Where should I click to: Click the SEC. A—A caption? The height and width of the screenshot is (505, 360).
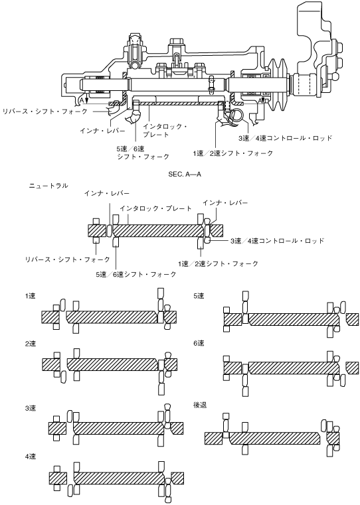coord(185,175)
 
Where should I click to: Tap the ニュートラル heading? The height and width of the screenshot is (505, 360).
coord(48,186)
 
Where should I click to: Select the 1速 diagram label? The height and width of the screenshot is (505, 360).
coord(31,296)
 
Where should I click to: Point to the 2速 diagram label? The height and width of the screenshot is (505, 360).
coord(31,344)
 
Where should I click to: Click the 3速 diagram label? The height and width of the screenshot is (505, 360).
coord(31,408)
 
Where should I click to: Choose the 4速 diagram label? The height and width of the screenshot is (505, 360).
coord(31,457)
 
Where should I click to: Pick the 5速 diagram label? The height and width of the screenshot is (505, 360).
coord(199,296)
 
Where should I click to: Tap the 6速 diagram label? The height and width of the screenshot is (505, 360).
coord(199,343)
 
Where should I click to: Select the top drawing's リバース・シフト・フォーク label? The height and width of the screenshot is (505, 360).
coord(45,111)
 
